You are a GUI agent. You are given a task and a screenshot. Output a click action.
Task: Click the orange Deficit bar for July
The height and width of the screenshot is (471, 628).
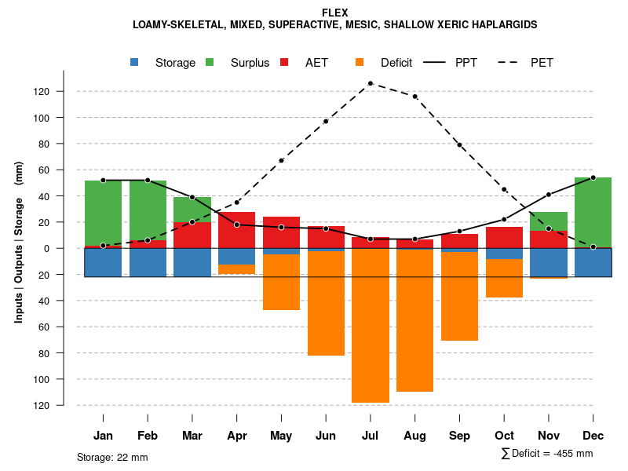coord(371,326)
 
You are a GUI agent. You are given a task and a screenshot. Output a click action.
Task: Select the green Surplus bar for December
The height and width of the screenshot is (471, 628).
coord(593,213)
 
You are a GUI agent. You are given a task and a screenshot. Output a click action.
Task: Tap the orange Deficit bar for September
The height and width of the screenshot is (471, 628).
coord(460,296)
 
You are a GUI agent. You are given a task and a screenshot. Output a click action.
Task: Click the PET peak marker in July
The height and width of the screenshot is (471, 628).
coord(371,83)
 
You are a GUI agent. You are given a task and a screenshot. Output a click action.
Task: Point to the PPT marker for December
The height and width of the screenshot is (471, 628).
coord(593,177)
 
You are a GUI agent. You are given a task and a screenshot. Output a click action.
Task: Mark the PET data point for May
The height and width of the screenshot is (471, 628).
coord(281,160)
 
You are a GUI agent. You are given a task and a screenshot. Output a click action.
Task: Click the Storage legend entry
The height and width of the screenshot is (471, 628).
coord(165,63)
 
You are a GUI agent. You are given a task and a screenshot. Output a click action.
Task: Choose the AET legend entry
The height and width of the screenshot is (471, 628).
coord(307,63)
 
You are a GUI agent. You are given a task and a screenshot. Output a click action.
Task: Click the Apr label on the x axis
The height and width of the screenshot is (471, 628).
coord(237,436)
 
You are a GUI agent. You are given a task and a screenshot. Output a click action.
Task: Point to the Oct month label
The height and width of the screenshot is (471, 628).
coord(505,436)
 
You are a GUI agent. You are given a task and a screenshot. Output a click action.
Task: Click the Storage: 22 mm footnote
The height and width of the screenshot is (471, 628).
coord(112,457)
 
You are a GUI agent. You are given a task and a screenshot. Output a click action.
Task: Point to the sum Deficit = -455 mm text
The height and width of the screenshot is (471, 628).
coord(547,454)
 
